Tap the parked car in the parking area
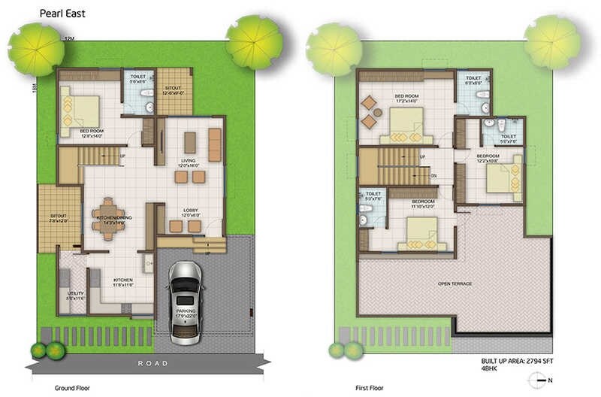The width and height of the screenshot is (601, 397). point(185,301)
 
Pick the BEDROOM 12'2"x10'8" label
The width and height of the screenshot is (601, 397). point(488,159)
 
